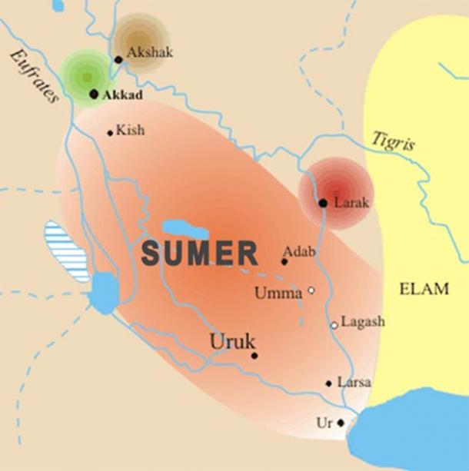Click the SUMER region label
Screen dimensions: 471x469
tap(199, 254)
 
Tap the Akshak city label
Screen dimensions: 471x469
tap(150, 53)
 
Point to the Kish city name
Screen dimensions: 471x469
tap(130, 131)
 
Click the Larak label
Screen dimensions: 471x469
tap(352, 203)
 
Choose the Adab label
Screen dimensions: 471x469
tap(298, 250)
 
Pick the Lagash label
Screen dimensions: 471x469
tap(363, 323)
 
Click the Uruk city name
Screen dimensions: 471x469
tap(231, 340)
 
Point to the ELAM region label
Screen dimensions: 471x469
tap(424, 289)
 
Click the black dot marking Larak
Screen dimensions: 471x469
tap(323, 203)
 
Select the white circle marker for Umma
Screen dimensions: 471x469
tap(311, 290)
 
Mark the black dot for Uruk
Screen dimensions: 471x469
tap(254, 355)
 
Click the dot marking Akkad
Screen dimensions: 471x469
tap(94, 94)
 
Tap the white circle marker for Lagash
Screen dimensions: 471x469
tap(334, 325)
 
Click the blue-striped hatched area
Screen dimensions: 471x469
tap(66, 250)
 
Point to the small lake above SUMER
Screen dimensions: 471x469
tap(185, 228)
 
